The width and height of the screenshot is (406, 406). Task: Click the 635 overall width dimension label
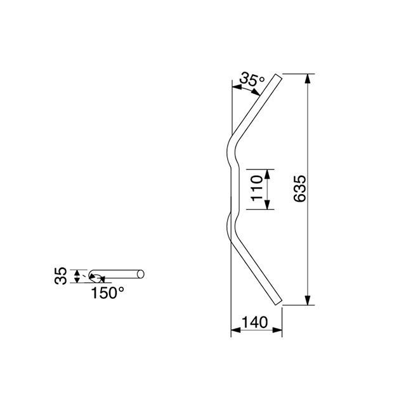(x=300, y=189)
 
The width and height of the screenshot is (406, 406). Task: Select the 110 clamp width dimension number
(x=257, y=188)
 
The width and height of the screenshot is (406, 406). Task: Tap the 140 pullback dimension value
(x=254, y=322)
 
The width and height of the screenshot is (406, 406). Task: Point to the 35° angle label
(x=252, y=79)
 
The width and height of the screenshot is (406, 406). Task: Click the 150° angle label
(x=107, y=293)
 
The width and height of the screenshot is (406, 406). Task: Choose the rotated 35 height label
(x=61, y=276)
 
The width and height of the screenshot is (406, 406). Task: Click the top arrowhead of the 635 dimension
(x=307, y=79)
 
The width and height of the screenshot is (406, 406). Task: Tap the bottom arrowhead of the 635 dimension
(x=307, y=300)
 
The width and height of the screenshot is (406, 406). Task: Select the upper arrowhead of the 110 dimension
(x=268, y=174)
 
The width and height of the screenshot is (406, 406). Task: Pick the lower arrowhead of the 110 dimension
(x=268, y=204)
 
